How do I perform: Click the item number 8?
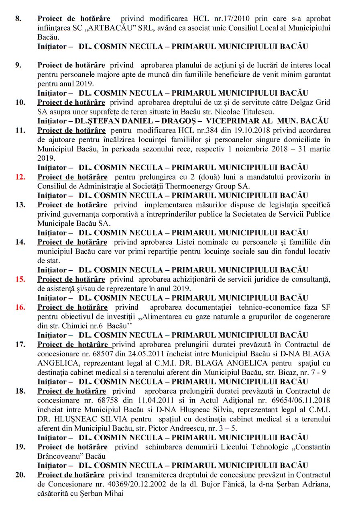point(18,19)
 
